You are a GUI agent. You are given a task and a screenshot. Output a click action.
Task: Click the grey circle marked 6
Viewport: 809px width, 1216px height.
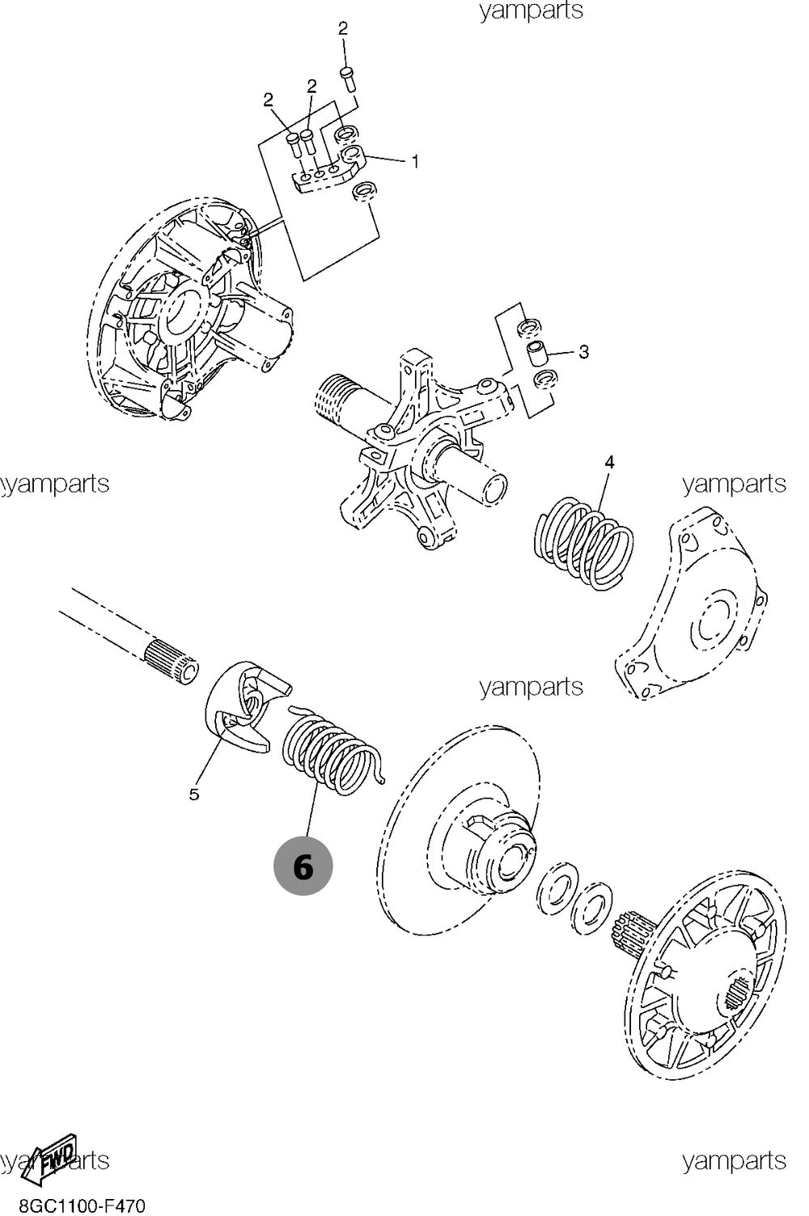coord(303,866)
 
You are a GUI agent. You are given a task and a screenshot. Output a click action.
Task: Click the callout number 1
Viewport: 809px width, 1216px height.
coord(415,162)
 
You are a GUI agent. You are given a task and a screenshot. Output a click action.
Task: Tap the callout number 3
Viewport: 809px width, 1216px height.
coord(583,352)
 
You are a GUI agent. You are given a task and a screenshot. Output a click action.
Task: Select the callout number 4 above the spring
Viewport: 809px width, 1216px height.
coord(609,462)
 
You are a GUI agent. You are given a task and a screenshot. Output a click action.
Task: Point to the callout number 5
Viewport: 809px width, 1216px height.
coord(194,794)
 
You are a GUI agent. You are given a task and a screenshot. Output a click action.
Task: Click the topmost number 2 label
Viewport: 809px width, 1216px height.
coord(342,29)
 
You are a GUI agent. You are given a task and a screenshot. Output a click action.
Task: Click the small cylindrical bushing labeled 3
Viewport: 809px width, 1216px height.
coord(539,354)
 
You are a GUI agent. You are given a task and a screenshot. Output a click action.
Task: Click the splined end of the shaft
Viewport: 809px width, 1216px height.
coord(171,659)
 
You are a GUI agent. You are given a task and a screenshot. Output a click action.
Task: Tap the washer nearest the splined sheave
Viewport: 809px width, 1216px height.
coord(592,906)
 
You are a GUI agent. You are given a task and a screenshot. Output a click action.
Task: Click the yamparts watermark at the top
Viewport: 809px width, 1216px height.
coord(531,11)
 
